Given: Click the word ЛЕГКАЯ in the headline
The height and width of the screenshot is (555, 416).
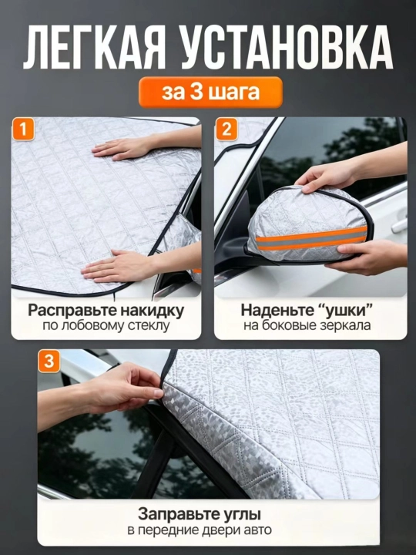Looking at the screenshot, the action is point(95,46).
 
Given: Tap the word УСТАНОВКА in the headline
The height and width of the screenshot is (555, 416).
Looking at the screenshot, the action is point(287,46).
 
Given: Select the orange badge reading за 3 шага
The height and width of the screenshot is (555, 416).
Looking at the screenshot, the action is point(210,92).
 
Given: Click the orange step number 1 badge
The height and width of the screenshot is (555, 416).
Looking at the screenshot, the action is point(23,129).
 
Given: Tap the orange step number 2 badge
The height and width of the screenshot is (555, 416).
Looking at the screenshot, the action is point(226,129).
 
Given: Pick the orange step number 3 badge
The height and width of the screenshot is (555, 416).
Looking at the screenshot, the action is point(49,362).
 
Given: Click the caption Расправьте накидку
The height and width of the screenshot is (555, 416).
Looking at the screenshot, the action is point(106,311).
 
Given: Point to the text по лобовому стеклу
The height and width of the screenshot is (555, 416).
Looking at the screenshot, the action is point(106,325).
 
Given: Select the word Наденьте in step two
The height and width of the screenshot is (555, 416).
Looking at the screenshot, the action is point(277,311).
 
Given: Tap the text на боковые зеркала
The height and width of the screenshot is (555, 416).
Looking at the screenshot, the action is point(307,325).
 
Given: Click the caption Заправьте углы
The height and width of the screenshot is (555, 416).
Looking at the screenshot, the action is point(200,515).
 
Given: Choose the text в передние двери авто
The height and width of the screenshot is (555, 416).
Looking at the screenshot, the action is point(200,530).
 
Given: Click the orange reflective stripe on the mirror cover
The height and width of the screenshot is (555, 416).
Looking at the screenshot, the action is point(311,239).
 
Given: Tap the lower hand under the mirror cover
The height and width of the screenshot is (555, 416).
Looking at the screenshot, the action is point(368,257).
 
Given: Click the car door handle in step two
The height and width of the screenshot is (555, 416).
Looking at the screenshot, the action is point(399,225).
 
